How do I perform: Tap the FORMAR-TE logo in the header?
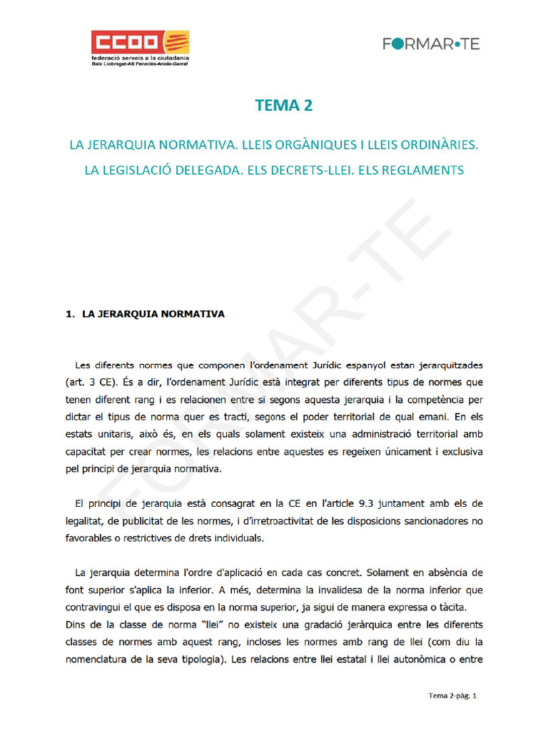tap(431, 44)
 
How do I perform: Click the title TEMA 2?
tap(284, 106)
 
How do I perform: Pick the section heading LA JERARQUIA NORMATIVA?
tap(153, 313)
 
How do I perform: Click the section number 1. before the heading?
tap(70, 313)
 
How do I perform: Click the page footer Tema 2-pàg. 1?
tap(452, 695)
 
